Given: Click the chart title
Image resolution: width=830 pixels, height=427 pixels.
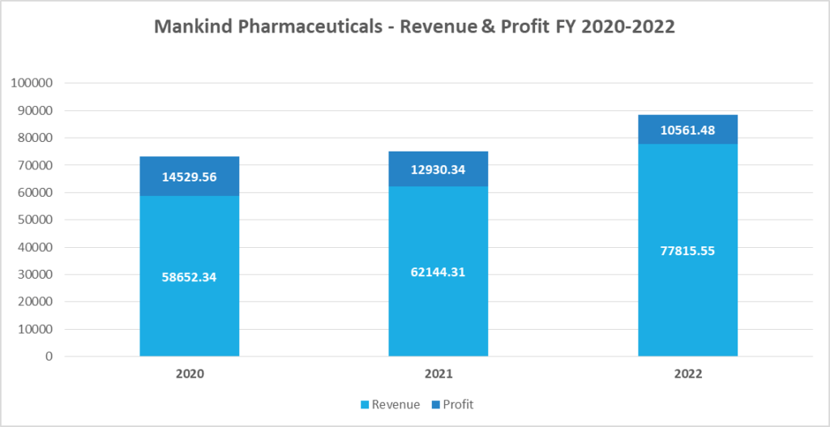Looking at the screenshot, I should [x=414, y=26].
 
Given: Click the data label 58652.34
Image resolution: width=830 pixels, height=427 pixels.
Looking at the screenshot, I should [x=189, y=277].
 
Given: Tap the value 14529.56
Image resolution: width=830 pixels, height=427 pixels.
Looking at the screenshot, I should [x=189, y=177].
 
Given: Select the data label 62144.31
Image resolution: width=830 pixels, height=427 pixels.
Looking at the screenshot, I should [x=438, y=272].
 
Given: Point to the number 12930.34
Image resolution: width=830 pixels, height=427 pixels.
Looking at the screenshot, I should [x=438, y=169].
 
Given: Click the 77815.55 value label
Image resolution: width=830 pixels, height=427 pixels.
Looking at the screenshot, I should [x=687, y=250].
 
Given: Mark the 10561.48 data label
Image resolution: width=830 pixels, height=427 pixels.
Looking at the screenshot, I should [x=687, y=130].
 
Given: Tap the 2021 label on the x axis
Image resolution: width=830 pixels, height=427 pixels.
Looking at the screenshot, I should [x=438, y=375].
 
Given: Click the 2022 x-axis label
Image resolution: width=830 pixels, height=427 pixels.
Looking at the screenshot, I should [x=687, y=375].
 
